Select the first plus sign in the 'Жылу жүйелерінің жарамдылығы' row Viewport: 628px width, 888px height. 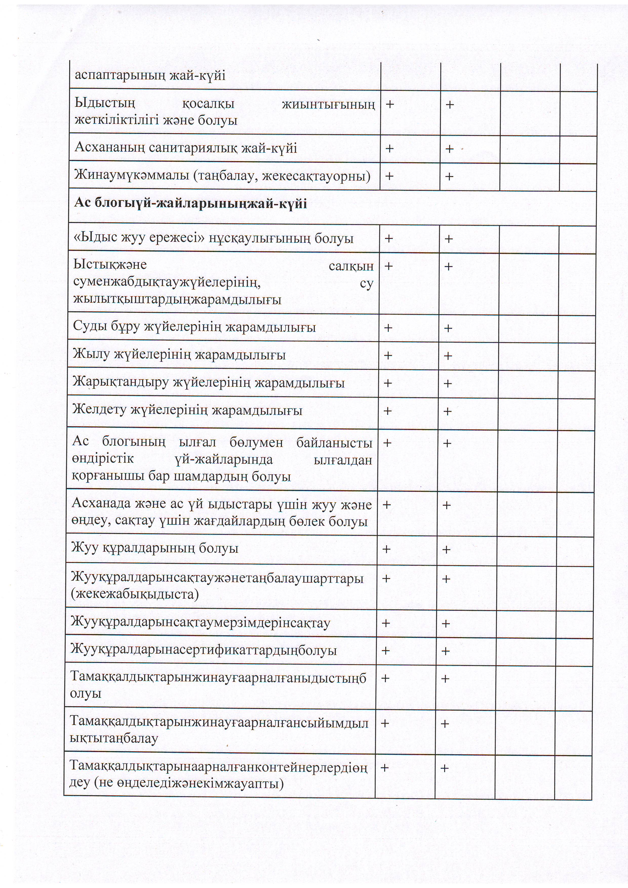[388, 355]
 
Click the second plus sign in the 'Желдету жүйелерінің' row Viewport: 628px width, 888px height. [447, 411]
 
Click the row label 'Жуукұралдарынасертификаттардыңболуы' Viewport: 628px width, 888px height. [204, 650]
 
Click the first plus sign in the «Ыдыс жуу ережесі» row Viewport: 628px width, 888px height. [388, 239]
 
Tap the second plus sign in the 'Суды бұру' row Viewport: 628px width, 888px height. [448, 328]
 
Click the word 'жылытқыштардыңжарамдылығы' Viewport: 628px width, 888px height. [177, 299]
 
